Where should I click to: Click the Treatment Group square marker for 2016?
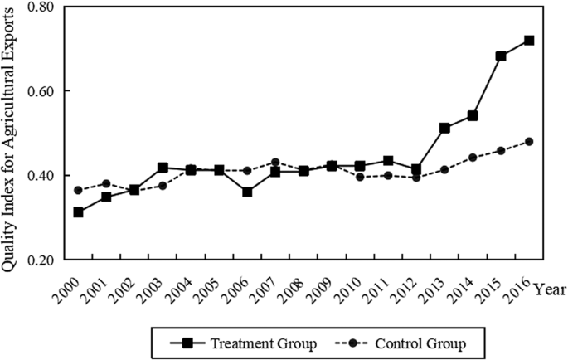529,41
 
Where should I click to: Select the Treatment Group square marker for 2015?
501,56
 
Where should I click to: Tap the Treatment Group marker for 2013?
445,128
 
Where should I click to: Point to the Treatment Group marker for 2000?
78,212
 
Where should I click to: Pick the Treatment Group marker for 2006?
247,192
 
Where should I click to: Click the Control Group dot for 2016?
529,142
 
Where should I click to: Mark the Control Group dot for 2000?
78,190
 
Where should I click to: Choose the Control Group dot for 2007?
275,163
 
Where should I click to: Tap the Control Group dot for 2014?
473,158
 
